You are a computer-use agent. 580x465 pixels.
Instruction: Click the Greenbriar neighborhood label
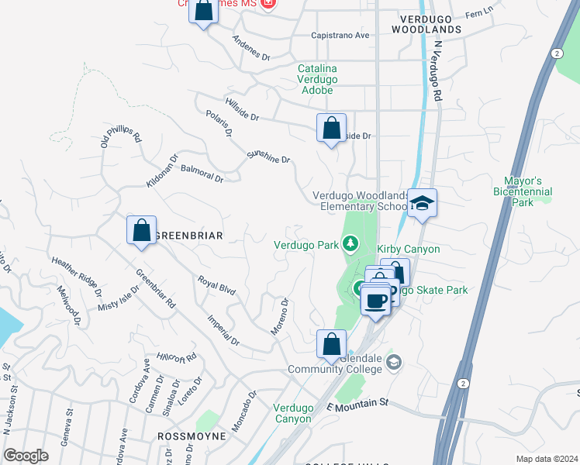(x=189, y=236)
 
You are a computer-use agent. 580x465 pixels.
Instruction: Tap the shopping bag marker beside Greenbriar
(x=141, y=231)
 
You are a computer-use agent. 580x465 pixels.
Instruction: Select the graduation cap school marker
(x=422, y=204)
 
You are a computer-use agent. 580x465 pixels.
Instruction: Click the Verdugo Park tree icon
(x=351, y=244)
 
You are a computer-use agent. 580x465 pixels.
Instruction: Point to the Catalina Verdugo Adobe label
(x=316, y=79)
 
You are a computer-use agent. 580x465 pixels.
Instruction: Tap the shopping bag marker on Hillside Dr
(x=331, y=128)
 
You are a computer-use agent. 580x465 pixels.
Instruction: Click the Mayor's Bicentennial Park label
(x=528, y=191)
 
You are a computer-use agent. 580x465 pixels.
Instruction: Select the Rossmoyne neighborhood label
(x=192, y=436)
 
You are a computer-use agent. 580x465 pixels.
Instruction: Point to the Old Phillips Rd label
(x=121, y=136)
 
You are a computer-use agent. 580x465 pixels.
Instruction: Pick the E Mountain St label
(x=357, y=405)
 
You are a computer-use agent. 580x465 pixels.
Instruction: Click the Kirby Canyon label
(x=409, y=249)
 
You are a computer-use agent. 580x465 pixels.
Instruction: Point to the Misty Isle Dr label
(x=119, y=298)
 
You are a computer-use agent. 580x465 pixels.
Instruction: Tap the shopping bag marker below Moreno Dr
(x=331, y=344)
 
